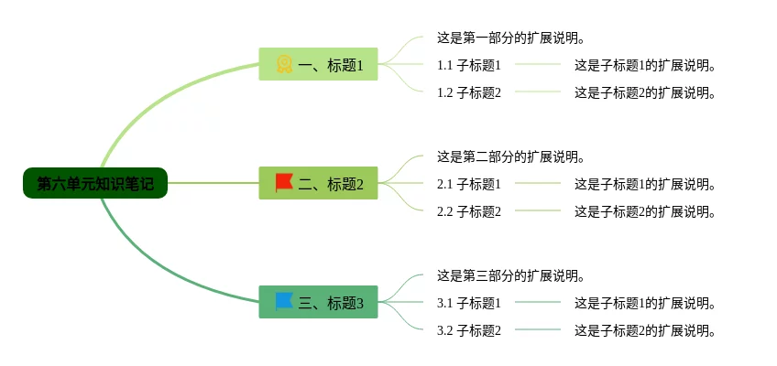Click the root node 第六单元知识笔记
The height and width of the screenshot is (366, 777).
(x=95, y=184)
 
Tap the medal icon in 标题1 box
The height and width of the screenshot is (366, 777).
(x=284, y=64)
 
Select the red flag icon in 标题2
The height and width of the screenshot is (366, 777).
(x=284, y=183)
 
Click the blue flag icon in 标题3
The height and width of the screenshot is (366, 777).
(x=284, y=301)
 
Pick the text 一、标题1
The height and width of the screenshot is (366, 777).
(x=331, y=65)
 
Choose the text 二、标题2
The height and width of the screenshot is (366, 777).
(x=331, y=184)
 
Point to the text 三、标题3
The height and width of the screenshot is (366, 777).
(x=331, y=303)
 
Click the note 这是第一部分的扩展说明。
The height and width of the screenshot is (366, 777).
(x=510, y=38)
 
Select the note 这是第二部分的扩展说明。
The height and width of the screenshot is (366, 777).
(x=510, y=156)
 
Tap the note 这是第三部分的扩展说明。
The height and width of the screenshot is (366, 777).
(x=510, y=275)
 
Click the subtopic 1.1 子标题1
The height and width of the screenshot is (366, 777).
(x=469, y=65)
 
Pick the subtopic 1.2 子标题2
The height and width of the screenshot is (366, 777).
(x=469, y=92)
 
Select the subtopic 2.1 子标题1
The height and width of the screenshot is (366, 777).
(x=469, y=184)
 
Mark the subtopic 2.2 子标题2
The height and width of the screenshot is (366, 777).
(x=469, y=211)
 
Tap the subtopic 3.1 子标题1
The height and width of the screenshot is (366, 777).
(x=469, y=303)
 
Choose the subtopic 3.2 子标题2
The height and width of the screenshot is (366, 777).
(x=469, y=330)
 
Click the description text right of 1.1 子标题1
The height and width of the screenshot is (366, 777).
(x=644, y=65)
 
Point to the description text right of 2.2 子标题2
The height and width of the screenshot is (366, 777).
(x=644, y=211)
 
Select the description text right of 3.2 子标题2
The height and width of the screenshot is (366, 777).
(x=644, y=330)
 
